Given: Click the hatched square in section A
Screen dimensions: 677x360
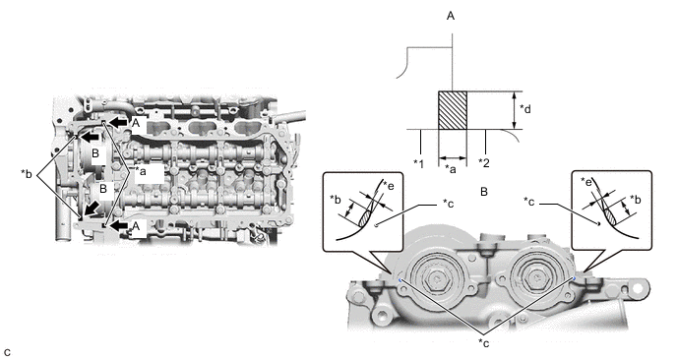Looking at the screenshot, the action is click(x=453, y=110).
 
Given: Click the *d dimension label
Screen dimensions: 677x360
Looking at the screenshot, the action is click(x=525, y=109).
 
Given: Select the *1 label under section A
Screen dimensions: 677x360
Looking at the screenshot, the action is click(x=418, y=163).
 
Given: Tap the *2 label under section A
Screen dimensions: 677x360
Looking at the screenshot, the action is click(x=484, y=163).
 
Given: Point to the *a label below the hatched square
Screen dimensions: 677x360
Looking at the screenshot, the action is click(x=451, y=170).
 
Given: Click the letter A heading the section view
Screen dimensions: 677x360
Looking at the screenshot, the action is click(x=451, y=16).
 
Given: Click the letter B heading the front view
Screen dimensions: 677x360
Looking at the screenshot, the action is click(x=484, y=192).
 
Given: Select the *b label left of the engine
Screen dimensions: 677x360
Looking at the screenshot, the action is click(x=27, y=173).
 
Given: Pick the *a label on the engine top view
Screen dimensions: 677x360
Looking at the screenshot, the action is click(x=140, y=171).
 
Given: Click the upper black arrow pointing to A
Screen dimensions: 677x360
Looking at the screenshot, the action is click(x=117, y=123).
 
